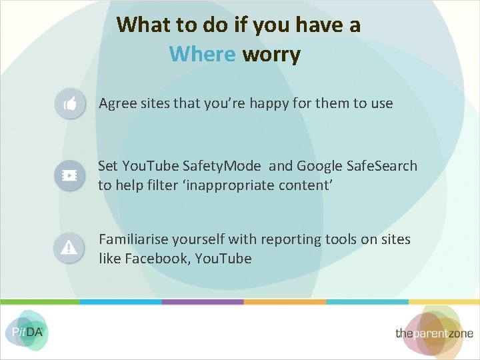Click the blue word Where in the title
click(203, 53)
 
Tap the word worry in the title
click(271, 55)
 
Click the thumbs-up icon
click(69, 104)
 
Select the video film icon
click(69, 175)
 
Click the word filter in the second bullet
click(163, 185)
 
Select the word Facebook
click(158, 258)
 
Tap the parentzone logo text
click(434, 333)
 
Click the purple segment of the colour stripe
click(203, 302)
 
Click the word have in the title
click(312, 25)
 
